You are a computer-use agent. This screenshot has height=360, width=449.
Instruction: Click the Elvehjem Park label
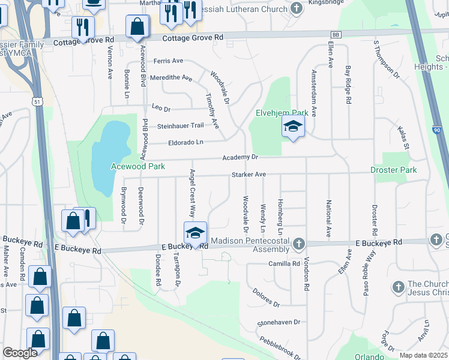(x=282, y=112)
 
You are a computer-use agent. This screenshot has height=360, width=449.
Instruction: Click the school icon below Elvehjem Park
(x=293, y=127)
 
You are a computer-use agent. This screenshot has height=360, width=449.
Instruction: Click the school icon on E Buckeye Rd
(x=195, y=233)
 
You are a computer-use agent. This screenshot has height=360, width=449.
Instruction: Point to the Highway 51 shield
(x=37, y=102)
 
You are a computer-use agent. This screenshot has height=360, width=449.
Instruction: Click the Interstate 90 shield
(x=436, y=130)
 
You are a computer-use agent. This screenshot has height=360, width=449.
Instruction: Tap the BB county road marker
(x=336, y=35)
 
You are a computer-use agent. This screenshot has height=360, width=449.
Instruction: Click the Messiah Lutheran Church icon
(x=296, y=8)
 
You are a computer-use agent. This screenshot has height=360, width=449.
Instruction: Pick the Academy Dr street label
(x=240, y=157)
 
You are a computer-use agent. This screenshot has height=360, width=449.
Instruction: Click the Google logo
(x=20, y=353)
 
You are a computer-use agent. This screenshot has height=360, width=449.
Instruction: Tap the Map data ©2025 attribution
(x=424, y=355)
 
